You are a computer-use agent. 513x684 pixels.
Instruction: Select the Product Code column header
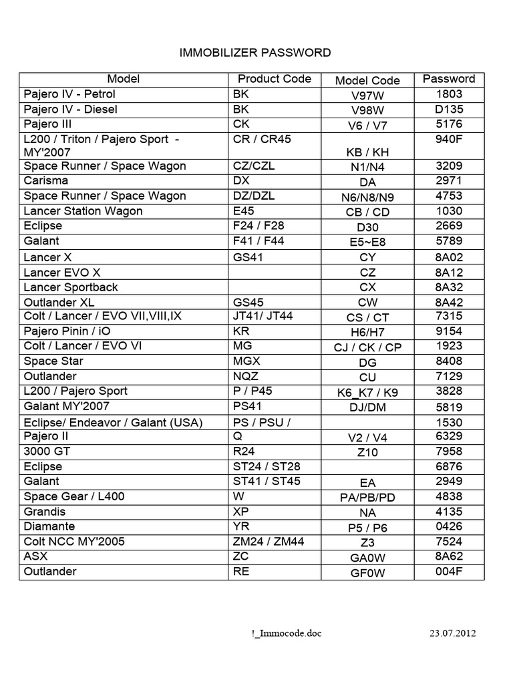tap(275, 79)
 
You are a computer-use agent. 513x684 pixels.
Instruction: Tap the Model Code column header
tap(367, 80)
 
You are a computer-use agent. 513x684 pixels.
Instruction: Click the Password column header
tap(449, 79)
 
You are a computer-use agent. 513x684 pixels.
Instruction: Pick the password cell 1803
tap(449, 94)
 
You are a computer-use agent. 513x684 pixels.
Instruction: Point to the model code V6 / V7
tap(367, 126)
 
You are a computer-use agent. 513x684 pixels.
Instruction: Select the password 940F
tap(449, 139)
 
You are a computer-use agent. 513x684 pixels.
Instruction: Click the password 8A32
tap(449, 287)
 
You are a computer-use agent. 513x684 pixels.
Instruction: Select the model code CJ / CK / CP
tap(367, 347)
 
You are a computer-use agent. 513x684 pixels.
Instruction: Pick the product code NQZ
tap(245, 376)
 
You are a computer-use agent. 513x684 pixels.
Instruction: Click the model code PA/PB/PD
tap(367, 498)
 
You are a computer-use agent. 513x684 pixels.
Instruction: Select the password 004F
tap(449, 571)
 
